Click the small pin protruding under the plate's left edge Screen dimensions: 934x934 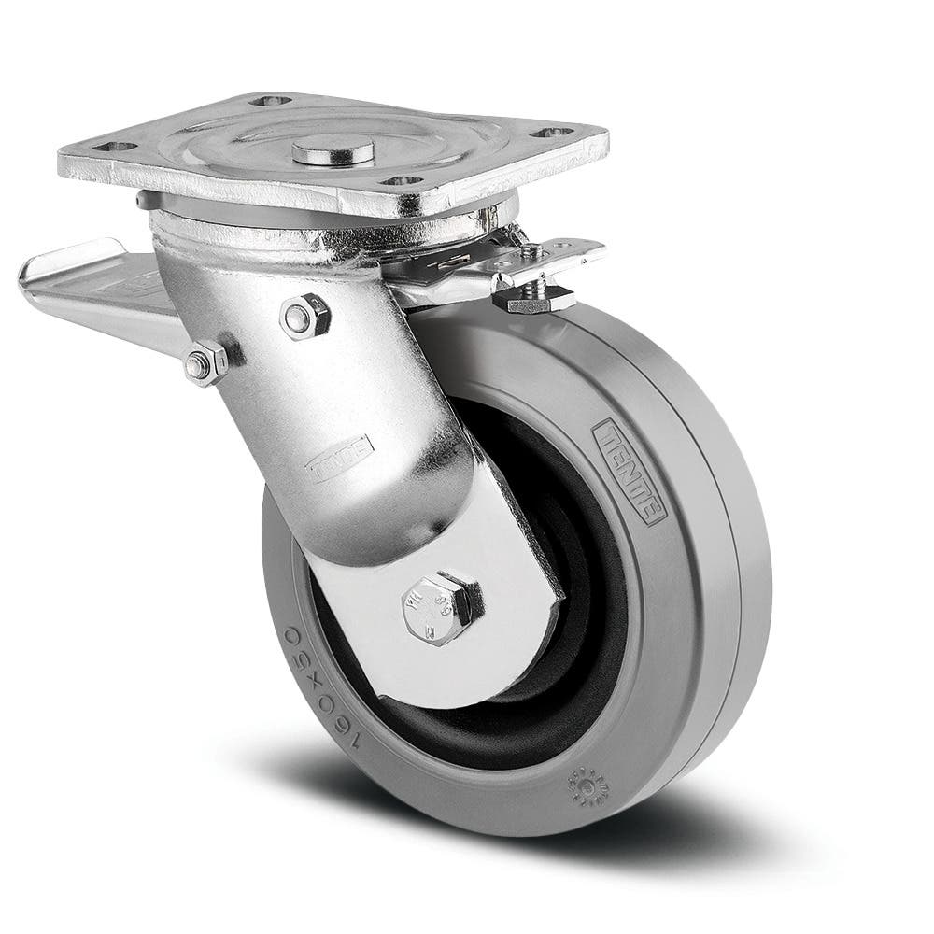(x=140, y=198)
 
